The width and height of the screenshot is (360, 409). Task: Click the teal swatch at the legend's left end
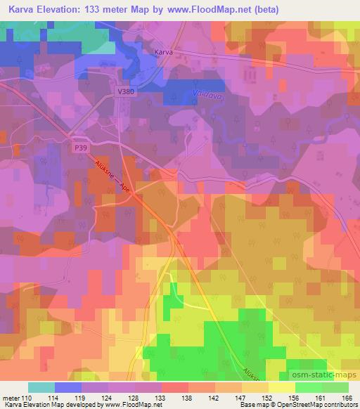41,387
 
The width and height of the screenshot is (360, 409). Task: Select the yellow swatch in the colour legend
281,387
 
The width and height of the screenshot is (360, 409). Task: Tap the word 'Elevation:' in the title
64,10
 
